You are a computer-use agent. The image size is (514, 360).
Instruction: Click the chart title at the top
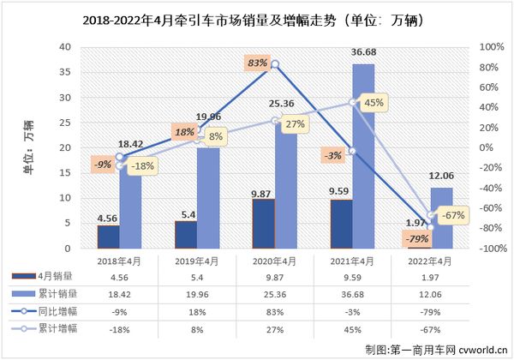coord(257,18)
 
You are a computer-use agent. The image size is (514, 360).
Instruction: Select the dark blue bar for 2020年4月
coord(263,224)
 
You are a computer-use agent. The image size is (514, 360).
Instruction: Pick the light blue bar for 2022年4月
coord(440,218)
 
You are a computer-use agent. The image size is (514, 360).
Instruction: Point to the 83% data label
coord(257,63)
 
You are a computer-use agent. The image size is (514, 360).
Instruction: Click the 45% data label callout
coord(374,102)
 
